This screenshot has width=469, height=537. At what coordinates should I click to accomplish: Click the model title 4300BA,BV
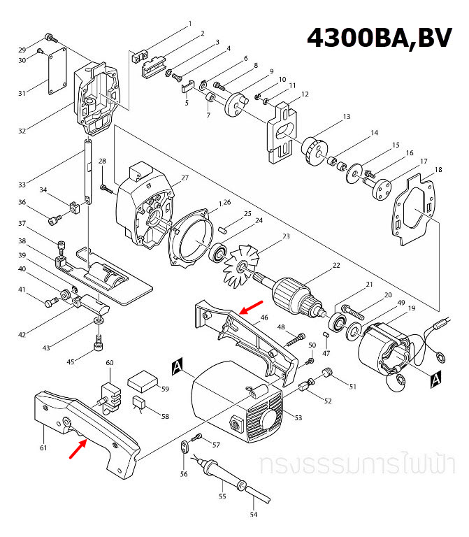pos(379,37)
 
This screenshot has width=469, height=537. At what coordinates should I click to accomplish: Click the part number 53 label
pos(298,417)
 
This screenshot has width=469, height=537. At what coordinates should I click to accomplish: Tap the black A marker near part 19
pos(435,379)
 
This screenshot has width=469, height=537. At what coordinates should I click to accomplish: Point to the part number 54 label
pos(254,515)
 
